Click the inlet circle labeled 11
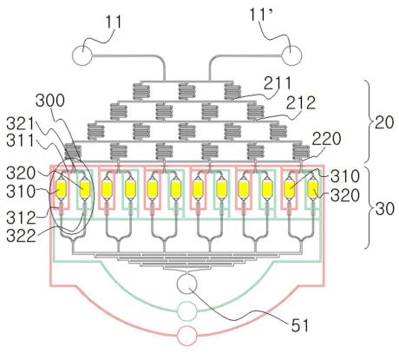coord(82,55)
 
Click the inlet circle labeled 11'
coord(291,55)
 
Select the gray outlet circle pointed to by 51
coord(186,284)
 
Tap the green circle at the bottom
coord(186,311)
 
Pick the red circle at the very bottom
coord(186,336)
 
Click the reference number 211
coord(277,83)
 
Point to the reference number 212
coord(301,103)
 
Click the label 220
coord(326,139)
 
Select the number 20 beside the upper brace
coord(384,122)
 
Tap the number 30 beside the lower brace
coord(384,209)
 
